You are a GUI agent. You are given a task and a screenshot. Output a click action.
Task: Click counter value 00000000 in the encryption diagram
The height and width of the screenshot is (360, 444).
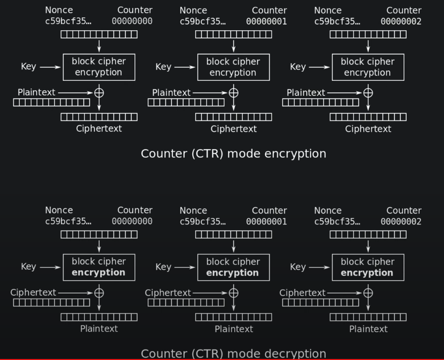(132, 21)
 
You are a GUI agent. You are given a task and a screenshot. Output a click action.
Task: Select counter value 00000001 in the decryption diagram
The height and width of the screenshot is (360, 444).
(266, 222)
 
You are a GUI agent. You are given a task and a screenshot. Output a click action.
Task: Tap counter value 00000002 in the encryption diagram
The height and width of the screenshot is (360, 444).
(401, 21)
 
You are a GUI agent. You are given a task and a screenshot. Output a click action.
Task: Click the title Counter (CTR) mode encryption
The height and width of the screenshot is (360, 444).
(233, 153)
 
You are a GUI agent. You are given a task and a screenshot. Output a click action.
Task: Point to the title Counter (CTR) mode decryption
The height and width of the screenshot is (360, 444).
(233, 354)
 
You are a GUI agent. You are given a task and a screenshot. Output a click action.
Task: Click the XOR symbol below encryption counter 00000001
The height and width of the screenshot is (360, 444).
(233, 93)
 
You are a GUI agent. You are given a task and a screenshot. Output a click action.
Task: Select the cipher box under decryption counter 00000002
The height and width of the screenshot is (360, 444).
(368, 267)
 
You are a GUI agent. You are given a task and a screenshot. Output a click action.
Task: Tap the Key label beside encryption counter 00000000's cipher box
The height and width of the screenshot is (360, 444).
(28, 66)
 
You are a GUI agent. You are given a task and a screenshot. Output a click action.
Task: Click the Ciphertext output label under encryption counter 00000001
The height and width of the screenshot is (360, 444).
(233, 129)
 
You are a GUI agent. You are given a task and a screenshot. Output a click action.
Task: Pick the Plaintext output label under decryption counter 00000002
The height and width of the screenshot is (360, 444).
(368, 329)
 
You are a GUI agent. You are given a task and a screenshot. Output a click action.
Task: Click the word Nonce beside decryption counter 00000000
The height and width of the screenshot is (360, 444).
(59, 210)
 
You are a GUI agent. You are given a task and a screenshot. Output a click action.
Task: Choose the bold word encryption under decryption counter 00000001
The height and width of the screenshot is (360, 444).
(232, 273)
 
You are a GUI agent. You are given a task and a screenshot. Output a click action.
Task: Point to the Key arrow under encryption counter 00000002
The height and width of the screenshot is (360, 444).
(319, 67)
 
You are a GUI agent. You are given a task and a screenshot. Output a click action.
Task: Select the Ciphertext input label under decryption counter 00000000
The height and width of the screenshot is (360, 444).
(33, 293)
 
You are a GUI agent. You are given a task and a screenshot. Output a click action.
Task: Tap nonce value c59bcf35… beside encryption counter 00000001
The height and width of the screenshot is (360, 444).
(202, 21)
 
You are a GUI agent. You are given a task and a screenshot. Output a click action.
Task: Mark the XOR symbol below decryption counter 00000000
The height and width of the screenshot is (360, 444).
(99, 293)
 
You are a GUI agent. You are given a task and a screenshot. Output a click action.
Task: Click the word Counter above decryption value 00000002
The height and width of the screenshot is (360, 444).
(404, 210)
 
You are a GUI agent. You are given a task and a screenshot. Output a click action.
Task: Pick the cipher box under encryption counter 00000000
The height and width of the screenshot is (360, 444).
(99, 67)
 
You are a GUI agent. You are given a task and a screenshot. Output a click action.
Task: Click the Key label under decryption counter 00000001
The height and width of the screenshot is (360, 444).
(163, 267)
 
